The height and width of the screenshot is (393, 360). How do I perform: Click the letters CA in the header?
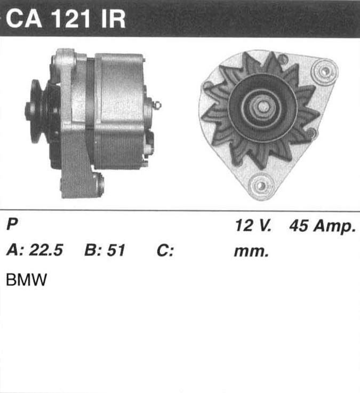pos(24,19)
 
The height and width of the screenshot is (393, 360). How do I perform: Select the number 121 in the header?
pos(71,19)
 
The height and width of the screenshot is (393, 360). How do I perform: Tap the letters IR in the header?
pos(113,19)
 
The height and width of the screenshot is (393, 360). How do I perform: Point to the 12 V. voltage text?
pos(253,226)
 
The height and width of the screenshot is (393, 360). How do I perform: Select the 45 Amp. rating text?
pos(322,226)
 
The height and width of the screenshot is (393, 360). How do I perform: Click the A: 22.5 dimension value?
pos(35,250)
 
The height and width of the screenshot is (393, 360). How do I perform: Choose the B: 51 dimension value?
pos(105,250)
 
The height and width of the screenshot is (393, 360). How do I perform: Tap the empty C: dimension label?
pos(165,250)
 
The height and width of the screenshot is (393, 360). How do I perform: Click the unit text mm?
pos(251,252)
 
